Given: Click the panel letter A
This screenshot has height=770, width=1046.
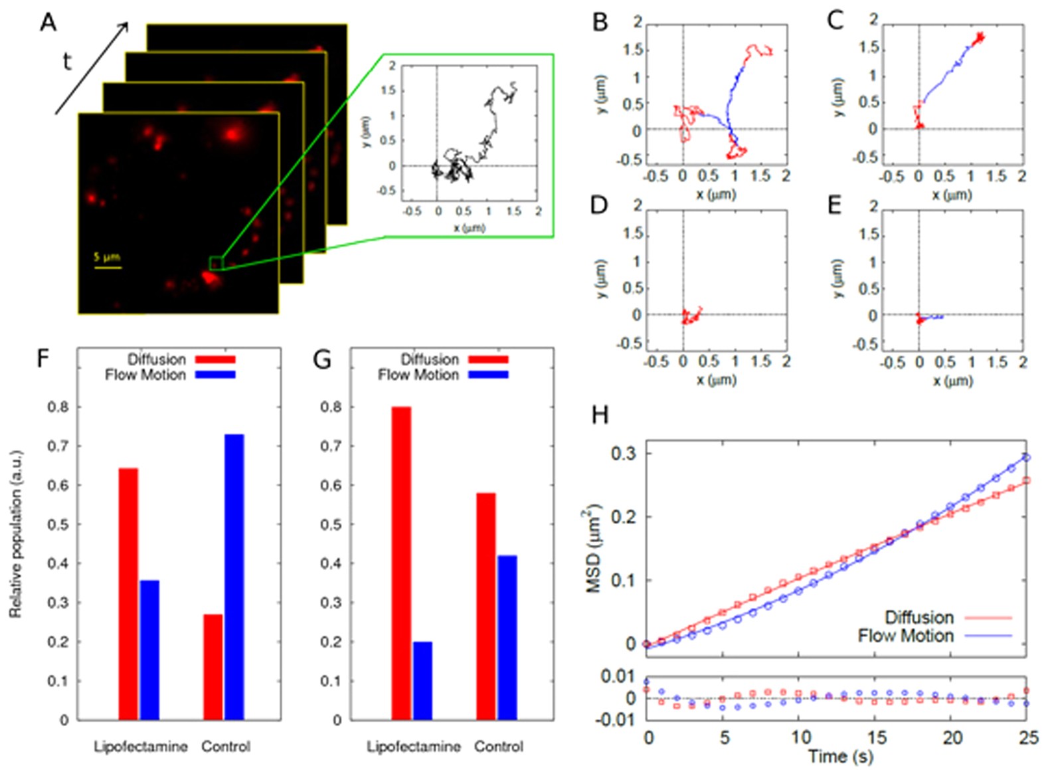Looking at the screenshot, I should click(x=48, y=23).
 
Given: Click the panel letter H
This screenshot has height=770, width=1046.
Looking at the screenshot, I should click(x=599, y=416).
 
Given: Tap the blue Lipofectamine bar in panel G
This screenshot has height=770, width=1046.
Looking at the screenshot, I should click(x=422, y=680).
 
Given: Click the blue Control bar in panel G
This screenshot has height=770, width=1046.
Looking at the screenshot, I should click(x=507, y=637).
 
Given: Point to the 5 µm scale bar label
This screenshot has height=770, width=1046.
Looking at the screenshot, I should click(x=106, y=256).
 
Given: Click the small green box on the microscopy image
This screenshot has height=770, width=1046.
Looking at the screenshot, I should click(x=216, y=263).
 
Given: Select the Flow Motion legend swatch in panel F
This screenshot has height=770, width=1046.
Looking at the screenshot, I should click(x=215, y=375).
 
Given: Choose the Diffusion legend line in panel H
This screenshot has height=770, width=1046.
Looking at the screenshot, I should click(x=988, y=618).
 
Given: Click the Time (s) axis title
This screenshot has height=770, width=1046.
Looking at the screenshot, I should click(x=840, y=757).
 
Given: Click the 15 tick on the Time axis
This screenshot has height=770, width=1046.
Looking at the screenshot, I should click(x=877, y=737).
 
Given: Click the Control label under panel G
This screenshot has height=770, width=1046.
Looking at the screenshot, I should click(x=498, y=747).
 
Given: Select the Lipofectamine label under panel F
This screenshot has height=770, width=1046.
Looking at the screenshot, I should click(x=140, y=747).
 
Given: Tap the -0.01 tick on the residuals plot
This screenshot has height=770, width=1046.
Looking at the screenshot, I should click(x=618, y=720).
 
